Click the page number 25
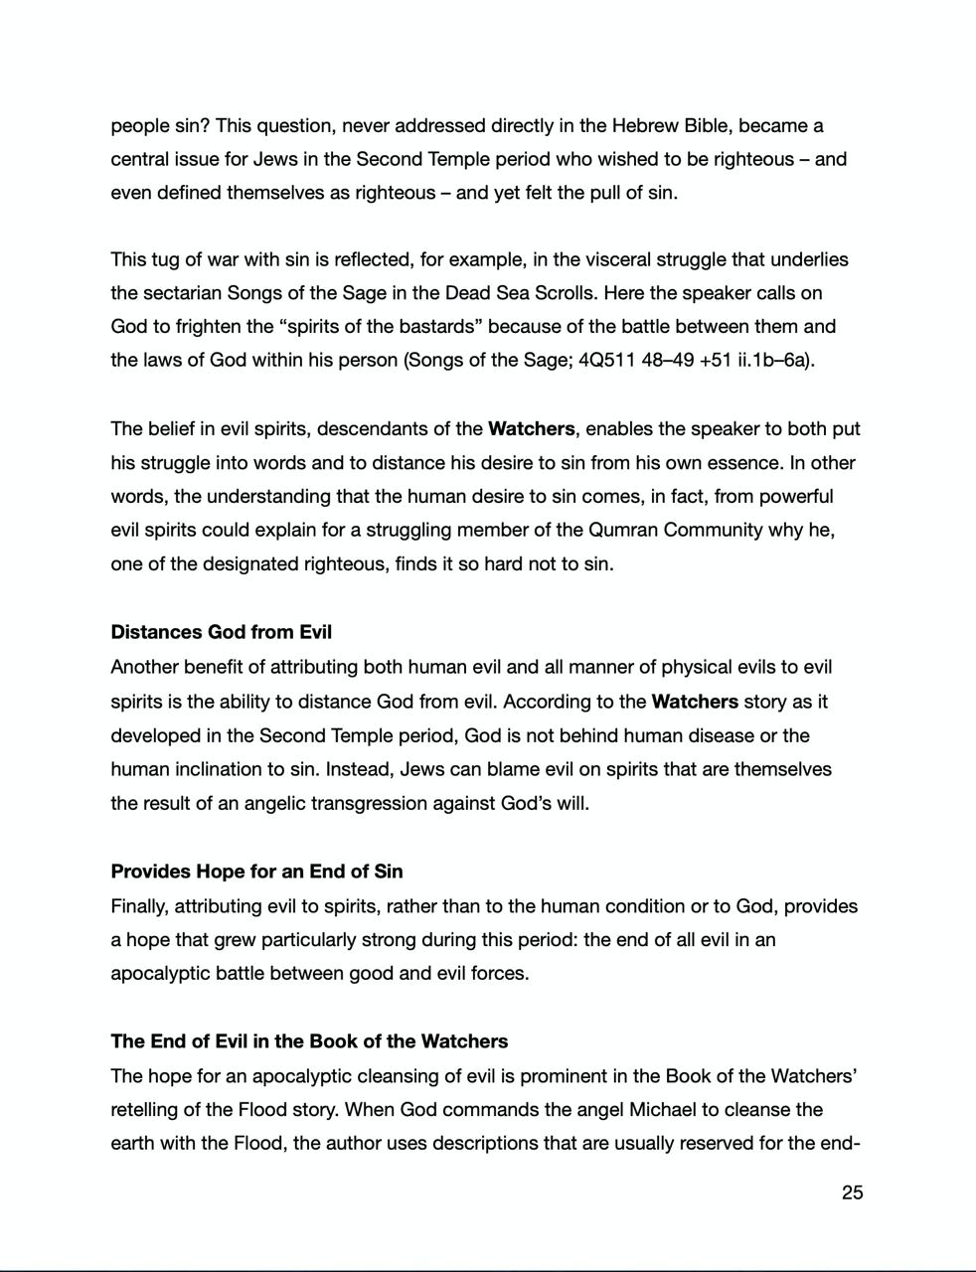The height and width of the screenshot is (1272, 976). [852, 1192]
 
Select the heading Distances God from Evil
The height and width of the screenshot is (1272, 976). [221, 632]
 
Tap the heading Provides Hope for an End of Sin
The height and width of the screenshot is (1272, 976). [256, 872]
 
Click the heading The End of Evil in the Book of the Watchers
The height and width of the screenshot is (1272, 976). [309, 1041]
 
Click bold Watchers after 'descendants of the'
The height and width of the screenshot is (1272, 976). [531, 429]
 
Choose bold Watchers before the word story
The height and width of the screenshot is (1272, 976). [695, 702]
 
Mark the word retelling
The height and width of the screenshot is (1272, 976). [149, 1109]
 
